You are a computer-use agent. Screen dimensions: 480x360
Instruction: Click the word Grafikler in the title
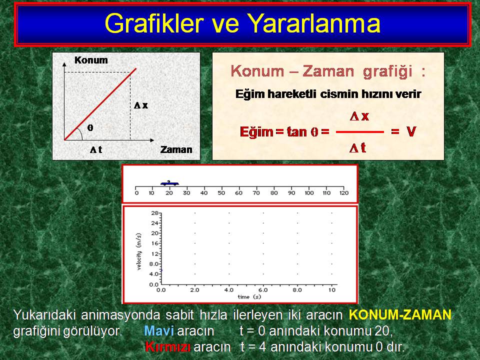[154, 23]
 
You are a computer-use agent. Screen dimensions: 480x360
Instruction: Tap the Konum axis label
[91, 60]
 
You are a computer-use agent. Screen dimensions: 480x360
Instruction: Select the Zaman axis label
[176, 149]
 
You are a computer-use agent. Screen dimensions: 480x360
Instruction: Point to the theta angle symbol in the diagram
[90, 127]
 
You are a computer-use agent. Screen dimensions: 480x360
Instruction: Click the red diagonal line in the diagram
[100, 104]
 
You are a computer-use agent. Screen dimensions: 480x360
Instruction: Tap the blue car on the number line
[169, 183]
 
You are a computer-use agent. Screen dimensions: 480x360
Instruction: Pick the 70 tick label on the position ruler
[256, 193]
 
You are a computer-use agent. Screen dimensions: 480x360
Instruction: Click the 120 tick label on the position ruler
[344, 193]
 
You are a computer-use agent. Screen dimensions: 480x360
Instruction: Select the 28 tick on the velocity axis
[154, 213]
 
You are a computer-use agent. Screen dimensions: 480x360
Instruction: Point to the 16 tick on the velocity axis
[154, 243]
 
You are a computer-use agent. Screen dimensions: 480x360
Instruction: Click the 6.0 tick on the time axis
[263, 290]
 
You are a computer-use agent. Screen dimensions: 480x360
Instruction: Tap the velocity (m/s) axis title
[139, 251]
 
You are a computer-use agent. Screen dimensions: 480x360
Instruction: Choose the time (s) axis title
[249, 297]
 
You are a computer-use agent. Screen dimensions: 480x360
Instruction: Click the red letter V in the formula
[411, 132]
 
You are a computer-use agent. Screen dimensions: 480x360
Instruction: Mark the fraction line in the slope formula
[360, 132]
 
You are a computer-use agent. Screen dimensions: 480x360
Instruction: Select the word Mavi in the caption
[159, 331]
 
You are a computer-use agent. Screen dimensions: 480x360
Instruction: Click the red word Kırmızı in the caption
[168, 347]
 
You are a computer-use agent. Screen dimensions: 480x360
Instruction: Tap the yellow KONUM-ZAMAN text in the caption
[400, 314]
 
